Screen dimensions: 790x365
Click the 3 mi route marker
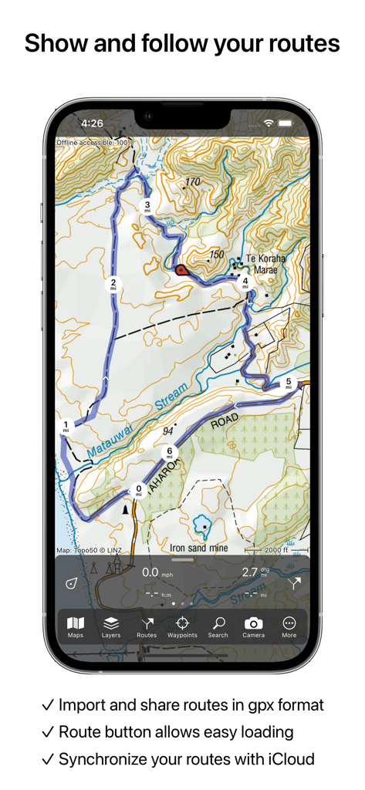point(147,206)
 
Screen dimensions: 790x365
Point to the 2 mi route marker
point(113,284)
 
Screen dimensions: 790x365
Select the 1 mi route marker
point(66,426)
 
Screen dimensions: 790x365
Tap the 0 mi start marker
point(139,489)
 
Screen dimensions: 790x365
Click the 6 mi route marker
point(169,453)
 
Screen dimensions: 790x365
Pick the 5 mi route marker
point(289,383)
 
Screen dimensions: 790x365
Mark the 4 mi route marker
point(245,282)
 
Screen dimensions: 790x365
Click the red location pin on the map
point(181,269)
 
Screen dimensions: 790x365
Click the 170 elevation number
point(192,182)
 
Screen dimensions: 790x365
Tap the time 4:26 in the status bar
point(92,123)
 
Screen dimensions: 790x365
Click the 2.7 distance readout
point(250,572)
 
